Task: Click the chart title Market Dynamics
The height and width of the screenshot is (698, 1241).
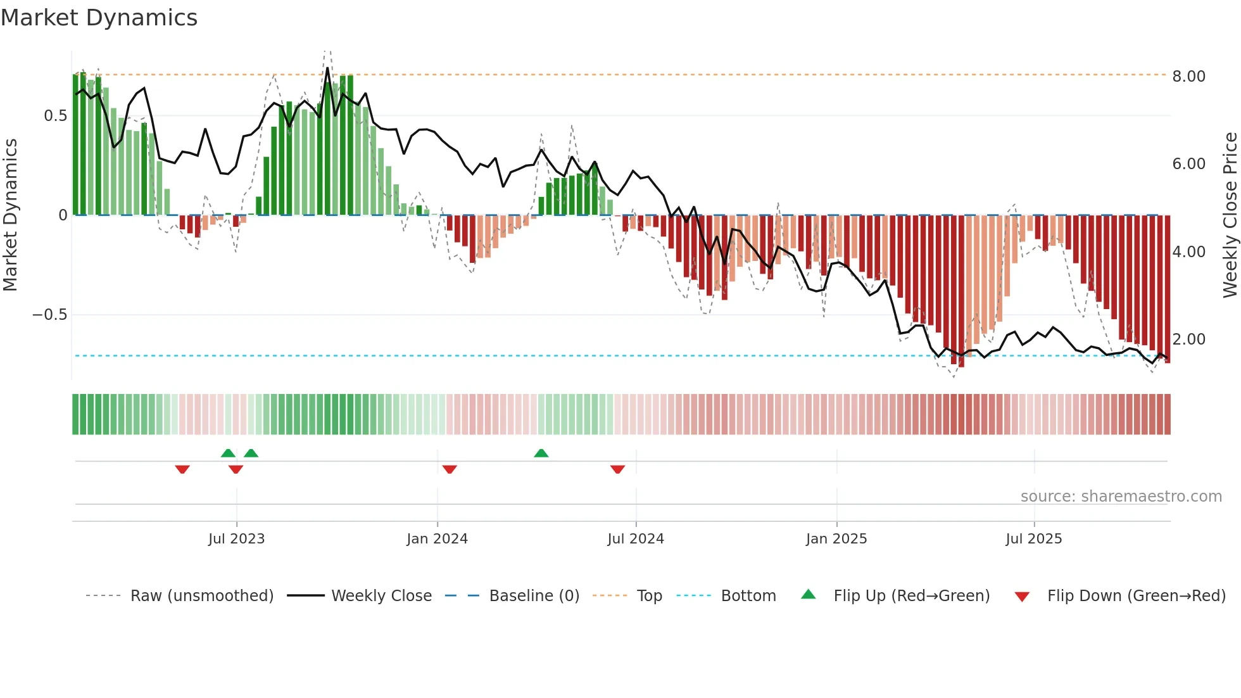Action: pos(99,18)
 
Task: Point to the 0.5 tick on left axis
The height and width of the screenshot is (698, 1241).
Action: pos(55,116)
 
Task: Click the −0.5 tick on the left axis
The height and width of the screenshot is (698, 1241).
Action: pos(49,315)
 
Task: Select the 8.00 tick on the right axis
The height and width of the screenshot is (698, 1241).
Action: pos(1188,77)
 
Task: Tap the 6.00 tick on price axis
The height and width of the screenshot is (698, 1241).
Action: pos(1188,164)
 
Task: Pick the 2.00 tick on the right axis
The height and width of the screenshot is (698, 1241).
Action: pos(1188,339)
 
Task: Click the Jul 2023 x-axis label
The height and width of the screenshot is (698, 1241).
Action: pos(236,539)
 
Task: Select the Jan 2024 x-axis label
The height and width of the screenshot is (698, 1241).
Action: pos(437,539)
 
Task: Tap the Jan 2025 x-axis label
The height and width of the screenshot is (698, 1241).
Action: pos(836,539)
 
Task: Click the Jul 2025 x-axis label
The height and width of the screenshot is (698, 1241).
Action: pos(1033,539)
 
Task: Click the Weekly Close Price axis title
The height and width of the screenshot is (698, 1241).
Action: pos(1230,215)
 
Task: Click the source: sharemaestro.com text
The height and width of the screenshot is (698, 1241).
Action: pos(1121,497)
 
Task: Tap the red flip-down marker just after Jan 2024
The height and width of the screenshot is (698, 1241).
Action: pos(450,469)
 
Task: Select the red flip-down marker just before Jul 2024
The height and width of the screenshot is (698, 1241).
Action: pos(617,469)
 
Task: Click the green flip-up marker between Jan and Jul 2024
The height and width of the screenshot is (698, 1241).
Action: pos(541,453)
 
